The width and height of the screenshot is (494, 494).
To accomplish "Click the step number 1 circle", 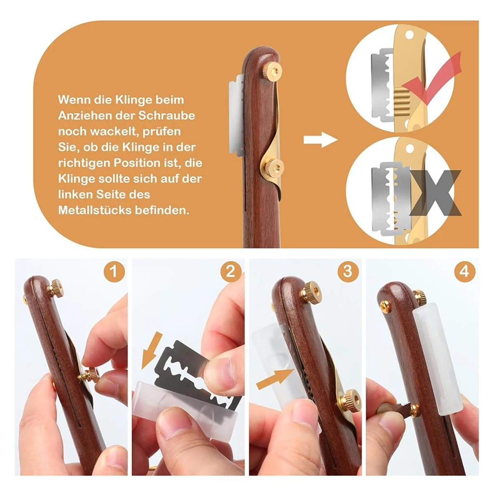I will click(x=114, y=272).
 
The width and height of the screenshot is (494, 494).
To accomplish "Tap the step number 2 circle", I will click(x=231, y=272).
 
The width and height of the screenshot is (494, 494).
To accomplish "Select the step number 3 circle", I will click(x=348, y=272).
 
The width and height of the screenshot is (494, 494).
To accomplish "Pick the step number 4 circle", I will click(x=465, y=272).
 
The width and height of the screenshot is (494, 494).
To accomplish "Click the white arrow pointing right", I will click(x=320, y=140).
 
